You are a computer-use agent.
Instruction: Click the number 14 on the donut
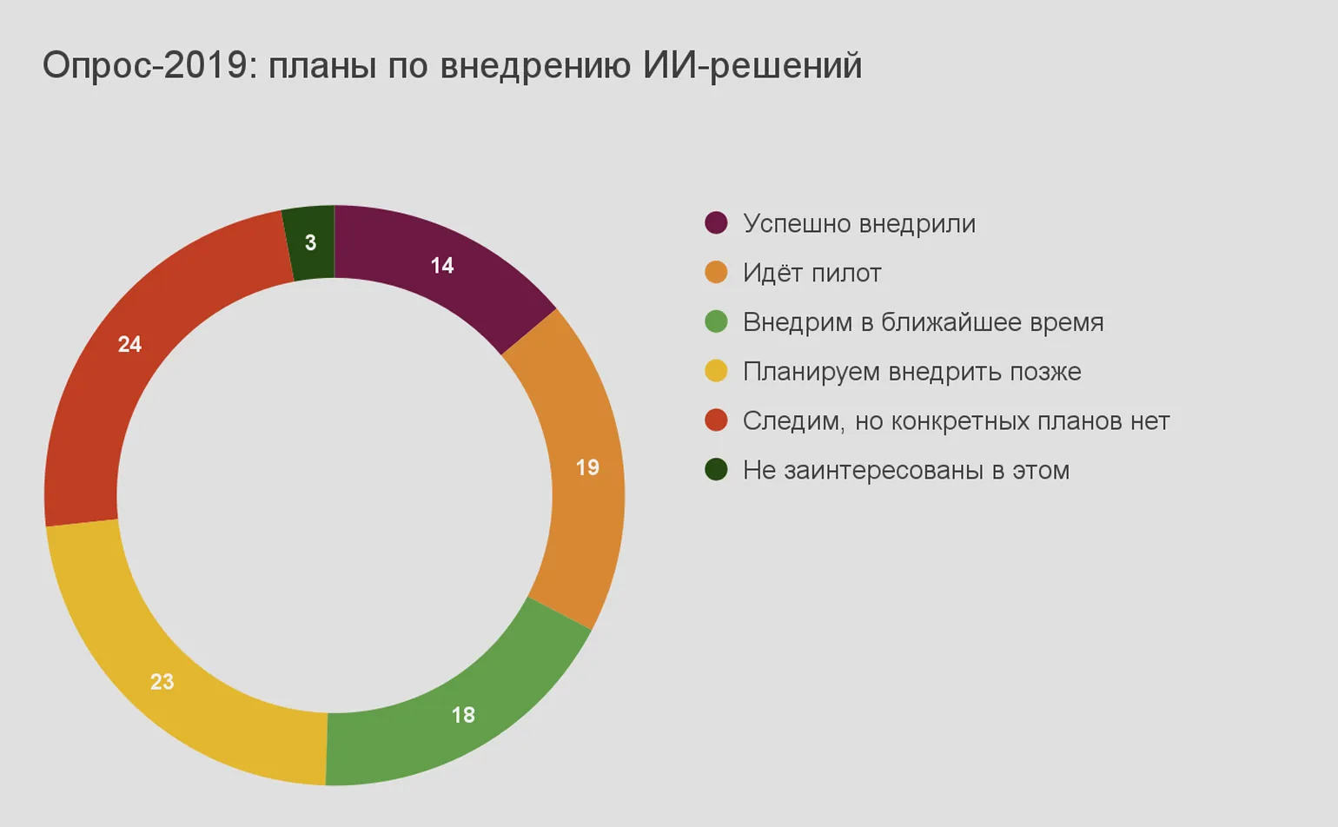click(442, 266)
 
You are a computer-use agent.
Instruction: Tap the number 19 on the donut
click(587, 467)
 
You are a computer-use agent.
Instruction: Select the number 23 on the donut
click(162, 682)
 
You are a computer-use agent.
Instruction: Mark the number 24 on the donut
click(129, 345)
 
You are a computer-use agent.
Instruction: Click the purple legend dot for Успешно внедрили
click(716, 223)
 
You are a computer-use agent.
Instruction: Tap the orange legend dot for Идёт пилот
click(716, 273)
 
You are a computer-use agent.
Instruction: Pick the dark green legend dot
click(716, 470)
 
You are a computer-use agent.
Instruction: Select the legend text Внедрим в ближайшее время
click(923, 322)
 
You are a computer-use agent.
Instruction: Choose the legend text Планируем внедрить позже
click(911, 372)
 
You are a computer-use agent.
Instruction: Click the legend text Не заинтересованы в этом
click(905, 470)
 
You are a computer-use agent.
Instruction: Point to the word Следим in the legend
click(792, 421)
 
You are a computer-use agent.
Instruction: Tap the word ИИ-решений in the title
click(752, 66)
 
